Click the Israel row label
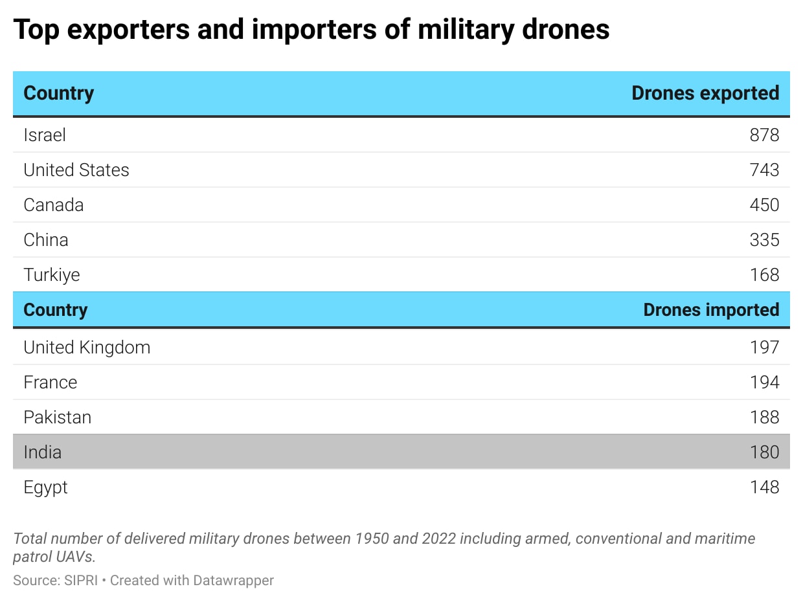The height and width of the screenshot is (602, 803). (x=45, y=135)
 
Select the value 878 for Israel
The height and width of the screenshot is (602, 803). (x=764, y=135)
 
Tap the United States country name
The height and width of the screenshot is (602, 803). (x=76, y=170)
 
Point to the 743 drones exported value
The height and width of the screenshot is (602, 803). (x=764, y=170)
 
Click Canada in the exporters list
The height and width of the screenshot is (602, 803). (x=53, y=205)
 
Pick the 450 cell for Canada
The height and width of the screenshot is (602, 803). (x=764, y=205)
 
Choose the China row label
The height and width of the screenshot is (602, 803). (x=46, y=240)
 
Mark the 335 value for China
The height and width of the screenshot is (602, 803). (x=764, y=240)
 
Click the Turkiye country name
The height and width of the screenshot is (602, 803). (x=52, y=275)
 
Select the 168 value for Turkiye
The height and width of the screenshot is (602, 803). (x=764, y=275)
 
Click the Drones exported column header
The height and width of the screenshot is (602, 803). (x=705, y=93)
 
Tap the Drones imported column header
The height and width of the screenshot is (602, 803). (x=711, y=310)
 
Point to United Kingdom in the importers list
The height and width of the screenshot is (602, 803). (x=87, y=348)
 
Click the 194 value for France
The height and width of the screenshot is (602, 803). (x=764, y=383)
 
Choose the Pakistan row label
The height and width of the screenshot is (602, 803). (x=58, y=417)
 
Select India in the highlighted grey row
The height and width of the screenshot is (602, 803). (x=43, y=452)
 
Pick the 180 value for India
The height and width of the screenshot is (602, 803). (x=764, y=452)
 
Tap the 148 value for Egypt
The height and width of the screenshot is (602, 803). (x=764, y=487)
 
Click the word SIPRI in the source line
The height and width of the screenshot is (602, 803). (x=81, y=581)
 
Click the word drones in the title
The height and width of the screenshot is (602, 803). (x=565, y=29)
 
